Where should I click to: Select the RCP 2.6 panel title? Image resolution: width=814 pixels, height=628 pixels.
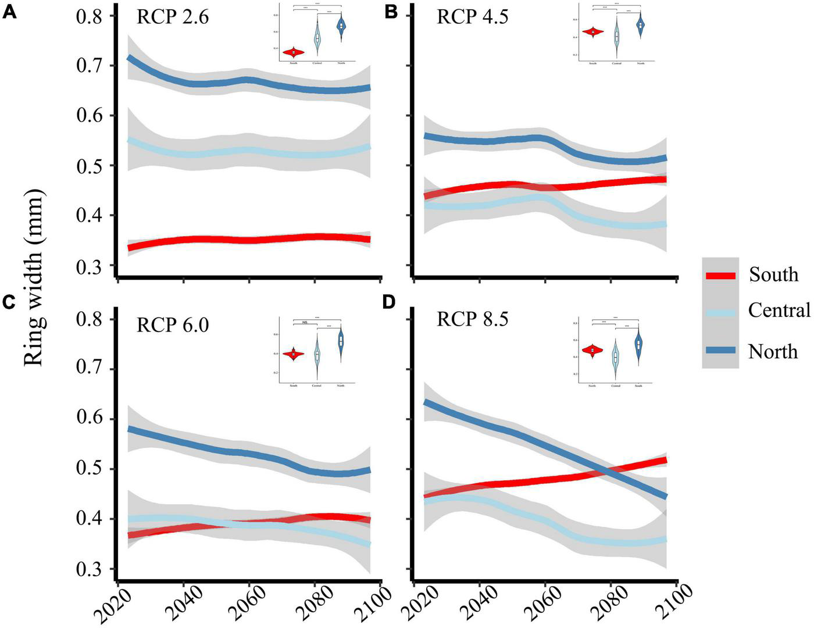click(x=173, y=16)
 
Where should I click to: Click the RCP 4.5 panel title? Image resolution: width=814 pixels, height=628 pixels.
click(x=473, y=16)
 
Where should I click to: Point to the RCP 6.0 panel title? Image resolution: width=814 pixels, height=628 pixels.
click(x=173, y=324)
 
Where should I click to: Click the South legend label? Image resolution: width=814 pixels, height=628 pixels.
click(x=773, y=274)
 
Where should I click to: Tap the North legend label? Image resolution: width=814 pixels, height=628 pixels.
click(x=773, y=351)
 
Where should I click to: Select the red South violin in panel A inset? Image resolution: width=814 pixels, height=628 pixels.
click(x=293, y=52)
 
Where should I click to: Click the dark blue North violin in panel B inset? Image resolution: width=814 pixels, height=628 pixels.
click(x=641, y=25)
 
